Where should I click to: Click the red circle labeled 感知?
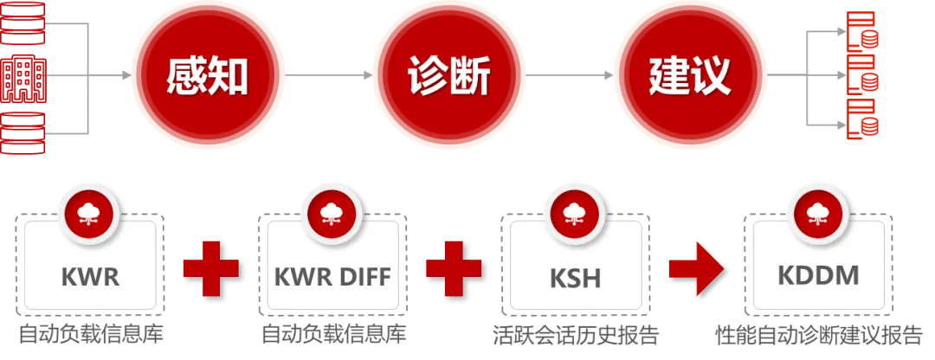point(208,75)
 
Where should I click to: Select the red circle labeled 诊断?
point(448,75)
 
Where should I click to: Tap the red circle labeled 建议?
point(690,75)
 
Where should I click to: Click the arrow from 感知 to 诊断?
point(328,75)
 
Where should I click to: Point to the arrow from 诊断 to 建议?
point(570,75)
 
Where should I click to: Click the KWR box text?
point(90,278)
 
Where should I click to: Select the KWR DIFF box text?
point(332,278)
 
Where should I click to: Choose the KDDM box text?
point(817,278)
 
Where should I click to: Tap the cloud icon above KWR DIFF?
point(332,213)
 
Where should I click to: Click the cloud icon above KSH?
point(574,213)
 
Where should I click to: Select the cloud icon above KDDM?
point(816,213)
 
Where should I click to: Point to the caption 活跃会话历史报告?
point(575,335)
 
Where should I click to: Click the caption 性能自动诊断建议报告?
point(818,335)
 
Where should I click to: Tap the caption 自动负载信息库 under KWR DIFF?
point(333,335)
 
